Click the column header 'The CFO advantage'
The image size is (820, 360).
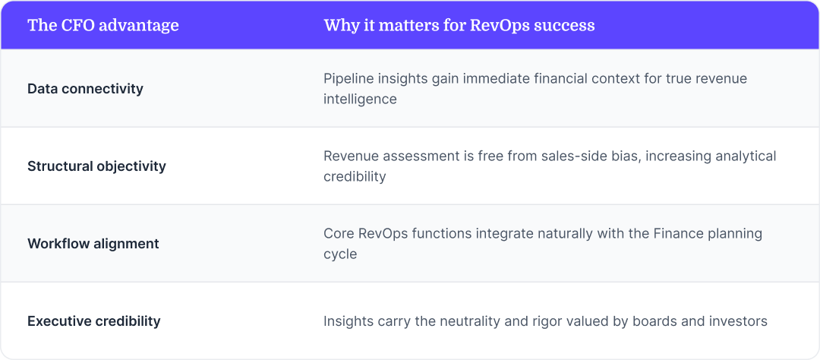(103, 25)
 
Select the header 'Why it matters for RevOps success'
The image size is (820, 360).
(459, 25)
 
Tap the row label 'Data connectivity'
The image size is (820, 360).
(85, 89)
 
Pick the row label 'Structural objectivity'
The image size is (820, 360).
(96, 166)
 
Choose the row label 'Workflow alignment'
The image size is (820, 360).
(93, 244)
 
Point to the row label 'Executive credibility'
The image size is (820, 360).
(94, 321)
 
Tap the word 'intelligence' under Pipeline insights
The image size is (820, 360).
(360, 99)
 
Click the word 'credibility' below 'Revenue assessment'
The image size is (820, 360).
(355, 177)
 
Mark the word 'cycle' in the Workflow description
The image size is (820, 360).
(340, 254)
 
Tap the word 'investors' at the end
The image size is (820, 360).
(736, 321)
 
